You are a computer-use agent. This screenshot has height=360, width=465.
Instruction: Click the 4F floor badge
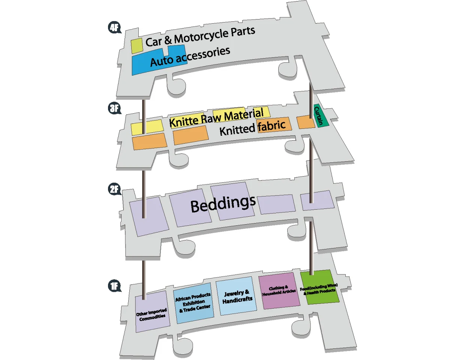[x=114, y=27]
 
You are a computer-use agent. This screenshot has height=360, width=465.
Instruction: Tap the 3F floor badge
[x=114, y=108]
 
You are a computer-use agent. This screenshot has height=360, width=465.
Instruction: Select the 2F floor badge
[x=114, y=189]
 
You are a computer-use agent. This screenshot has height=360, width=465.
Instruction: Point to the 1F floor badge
[x=114, y=286]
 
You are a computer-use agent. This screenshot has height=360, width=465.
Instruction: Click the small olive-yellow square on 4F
[x=137, y=46]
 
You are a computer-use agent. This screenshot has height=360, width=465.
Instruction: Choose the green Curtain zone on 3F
[x=321, y=115]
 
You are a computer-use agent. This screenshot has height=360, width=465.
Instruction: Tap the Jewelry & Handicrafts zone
[x=236, y=296]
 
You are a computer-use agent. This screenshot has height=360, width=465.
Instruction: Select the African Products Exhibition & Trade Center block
[x=193, y=303]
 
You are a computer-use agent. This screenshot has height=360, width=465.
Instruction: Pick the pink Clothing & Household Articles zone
[x=279, y=291]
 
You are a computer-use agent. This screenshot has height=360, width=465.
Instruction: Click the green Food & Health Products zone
[x=319, y=287]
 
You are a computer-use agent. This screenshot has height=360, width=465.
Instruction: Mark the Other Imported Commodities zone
[x=152, y=312]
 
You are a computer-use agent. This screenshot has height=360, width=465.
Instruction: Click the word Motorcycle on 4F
[x=201, y=37]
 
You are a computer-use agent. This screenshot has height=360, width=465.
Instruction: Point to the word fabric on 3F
[x=272, y=126]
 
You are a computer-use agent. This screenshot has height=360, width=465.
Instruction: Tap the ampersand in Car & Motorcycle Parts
[x=168, y=40]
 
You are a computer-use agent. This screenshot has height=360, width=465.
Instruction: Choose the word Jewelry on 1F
[x=234, y=294]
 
